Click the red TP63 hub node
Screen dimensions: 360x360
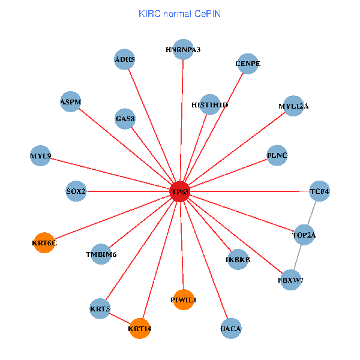point(180,191)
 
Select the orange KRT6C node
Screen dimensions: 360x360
point(44,242)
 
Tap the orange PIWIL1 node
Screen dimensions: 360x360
point(184,299)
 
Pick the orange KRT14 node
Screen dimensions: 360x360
point(140,328)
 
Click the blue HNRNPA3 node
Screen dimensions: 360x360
point(183,49)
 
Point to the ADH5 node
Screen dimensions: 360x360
point(124,59)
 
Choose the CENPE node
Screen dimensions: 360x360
point(248,64)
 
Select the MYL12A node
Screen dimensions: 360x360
point(293,106)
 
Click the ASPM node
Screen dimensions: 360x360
point(70,101)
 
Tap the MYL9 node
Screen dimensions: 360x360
point(41,157)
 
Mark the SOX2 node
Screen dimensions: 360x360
point(76,191)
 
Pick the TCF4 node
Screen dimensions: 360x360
point(319,191)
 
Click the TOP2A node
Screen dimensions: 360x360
point(304,235)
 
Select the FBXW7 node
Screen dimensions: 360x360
point(291,280)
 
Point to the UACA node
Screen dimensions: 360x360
point(231,328)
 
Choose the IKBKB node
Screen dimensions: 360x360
point(238,260)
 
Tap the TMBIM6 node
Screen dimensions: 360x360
point(101,254)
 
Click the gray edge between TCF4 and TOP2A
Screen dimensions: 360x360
point(311,213)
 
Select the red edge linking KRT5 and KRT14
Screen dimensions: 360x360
point(120,319)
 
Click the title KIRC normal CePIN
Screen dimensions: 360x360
point(179,13)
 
